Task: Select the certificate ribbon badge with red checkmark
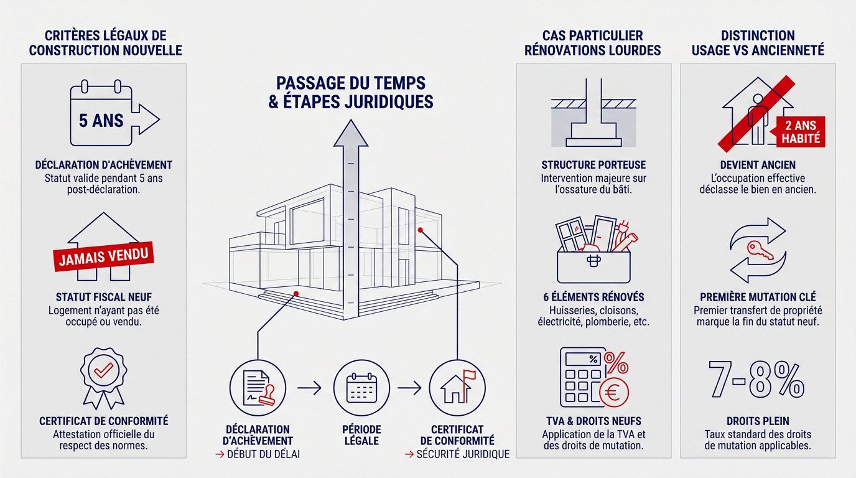103,377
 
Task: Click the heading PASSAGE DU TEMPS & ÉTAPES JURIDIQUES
351,91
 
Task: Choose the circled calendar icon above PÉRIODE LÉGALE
361,388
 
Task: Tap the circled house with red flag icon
457,388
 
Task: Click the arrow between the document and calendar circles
309,388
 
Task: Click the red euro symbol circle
613,392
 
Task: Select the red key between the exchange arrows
760,250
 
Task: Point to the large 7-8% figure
756,379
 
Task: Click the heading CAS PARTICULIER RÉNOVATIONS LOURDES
592,43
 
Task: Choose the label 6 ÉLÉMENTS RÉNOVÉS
593,297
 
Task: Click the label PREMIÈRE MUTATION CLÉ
758,297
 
